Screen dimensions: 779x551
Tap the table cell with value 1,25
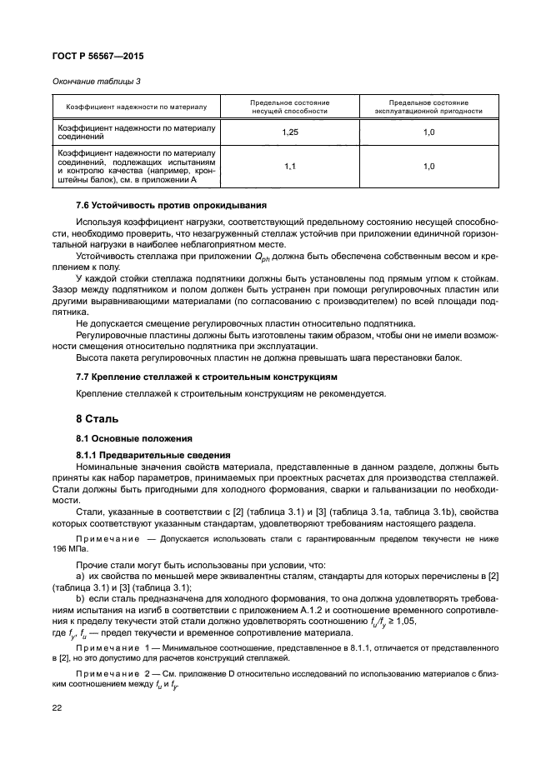[289, 132]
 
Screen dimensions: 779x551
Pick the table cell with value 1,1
[289, 167]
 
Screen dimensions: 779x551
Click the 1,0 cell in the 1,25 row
[428, 132]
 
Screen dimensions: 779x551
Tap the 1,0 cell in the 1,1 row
[428, 167]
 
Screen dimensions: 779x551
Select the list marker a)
[79, 577]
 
